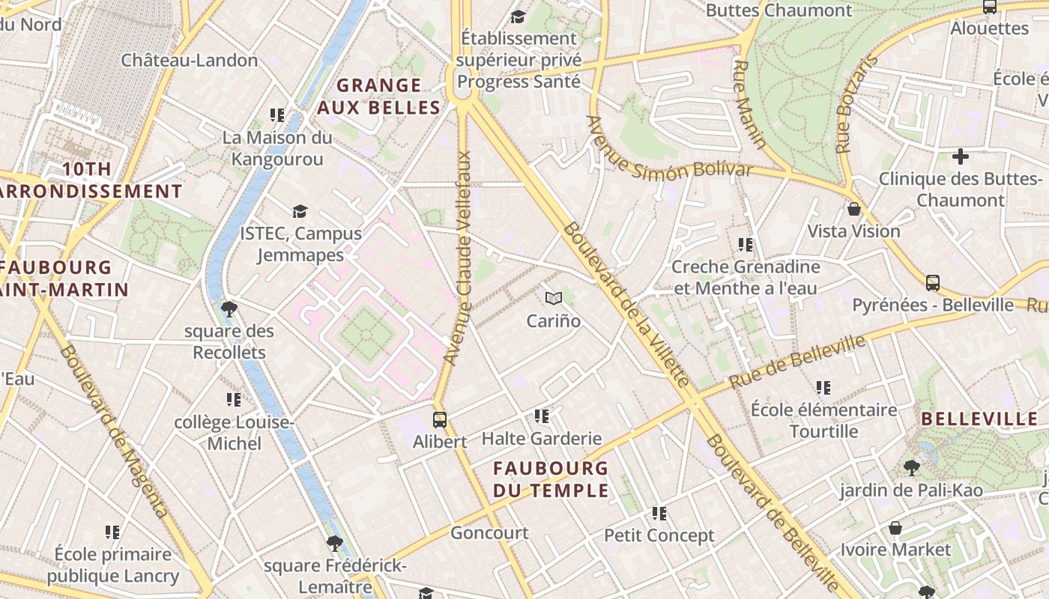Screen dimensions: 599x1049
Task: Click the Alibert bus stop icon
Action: (x=440, y=420)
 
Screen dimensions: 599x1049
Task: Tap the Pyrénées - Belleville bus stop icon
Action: (x=933, y=283)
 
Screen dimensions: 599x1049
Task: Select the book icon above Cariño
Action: (x=554, y=299)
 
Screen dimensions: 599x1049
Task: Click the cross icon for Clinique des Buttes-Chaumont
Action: (x=960, y=157)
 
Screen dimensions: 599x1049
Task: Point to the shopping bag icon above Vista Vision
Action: (x=853, y=210)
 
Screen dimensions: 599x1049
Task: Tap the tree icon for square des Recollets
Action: (x=229, y=308)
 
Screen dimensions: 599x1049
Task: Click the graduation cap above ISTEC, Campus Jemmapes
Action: (x=300, y=212)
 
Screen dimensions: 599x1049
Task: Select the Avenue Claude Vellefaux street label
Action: (x=458, y=258)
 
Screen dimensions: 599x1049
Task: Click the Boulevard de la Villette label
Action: (x=625, y=305)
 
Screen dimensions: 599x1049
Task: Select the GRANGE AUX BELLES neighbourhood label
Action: (x=378, y=97)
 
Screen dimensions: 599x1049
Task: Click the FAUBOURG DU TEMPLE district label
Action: (x=551, y=479)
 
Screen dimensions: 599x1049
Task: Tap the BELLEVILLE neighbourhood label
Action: (x=979, y=419)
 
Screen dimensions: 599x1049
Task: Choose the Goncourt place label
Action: (x=489, y=533)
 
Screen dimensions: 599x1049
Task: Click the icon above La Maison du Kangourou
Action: (x=277, y=115)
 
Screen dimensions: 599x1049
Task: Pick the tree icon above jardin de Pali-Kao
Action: (x=911, y=469)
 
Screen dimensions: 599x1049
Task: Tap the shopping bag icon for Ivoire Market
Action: (x=895, y=529)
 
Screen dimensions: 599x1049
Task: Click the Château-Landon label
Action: (x=190, y=61)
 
